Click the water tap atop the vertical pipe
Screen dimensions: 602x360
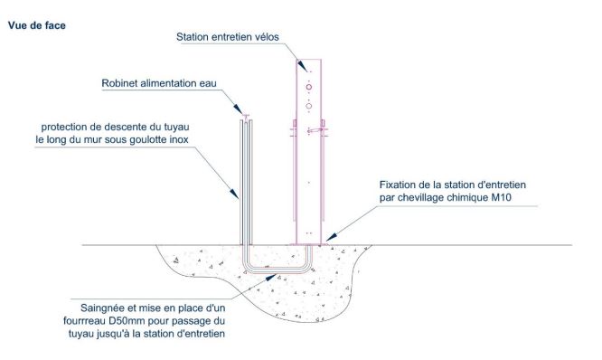[246, 117]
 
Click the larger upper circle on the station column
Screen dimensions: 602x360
[309, 89]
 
